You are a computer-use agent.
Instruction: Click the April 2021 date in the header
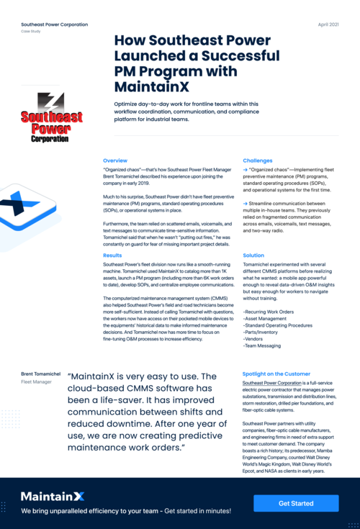pos(329,24)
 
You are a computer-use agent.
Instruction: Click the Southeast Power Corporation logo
pos(51,117)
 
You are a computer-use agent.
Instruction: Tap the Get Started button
pos(296,503)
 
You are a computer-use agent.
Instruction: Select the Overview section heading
pos(115,160)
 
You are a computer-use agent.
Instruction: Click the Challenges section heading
pos(258,160)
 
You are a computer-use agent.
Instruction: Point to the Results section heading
pos(112,255)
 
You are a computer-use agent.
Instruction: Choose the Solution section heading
pos(253,255)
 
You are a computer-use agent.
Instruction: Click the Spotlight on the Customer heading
pos(276,375)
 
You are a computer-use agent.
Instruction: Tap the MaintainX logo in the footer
pos(53,496)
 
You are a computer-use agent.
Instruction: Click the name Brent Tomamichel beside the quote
pos(41,375)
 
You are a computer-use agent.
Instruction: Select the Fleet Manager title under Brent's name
pos(36,382)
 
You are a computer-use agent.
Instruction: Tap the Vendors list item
pos(254,339)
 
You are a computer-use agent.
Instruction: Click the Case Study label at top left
pos(31,32)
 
